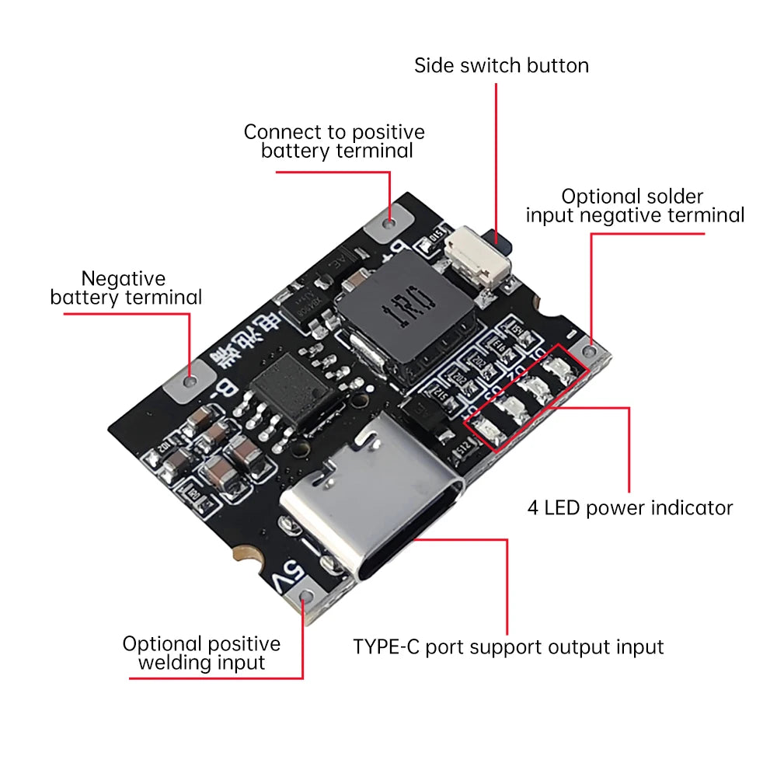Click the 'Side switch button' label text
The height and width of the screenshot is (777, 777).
[x=501, y=65]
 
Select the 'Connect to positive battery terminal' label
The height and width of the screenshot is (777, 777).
[x=335, y=141]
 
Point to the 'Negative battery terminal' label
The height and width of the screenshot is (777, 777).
[x=125, y=287]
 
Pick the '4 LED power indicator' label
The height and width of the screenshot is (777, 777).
[x=629, y=508]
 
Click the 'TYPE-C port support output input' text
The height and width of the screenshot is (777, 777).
[x=508, y=646]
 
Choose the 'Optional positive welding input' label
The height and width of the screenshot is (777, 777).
[x=201, y=653]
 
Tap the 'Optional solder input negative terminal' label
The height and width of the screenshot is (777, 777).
[x=634, y=206]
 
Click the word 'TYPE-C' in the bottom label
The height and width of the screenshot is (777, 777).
[x=387, y=646]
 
